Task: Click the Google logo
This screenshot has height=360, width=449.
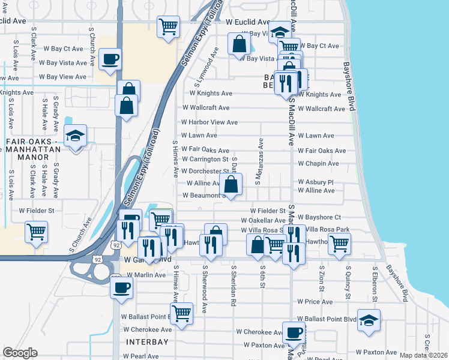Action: click(20, 353)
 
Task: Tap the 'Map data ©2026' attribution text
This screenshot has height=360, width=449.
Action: click(423, 355)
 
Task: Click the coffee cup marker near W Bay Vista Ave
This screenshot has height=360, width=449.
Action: click(110, 60)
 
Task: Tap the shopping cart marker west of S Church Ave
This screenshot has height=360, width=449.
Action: click(37, 232)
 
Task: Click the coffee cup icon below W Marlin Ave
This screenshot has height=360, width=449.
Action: click(122, 287)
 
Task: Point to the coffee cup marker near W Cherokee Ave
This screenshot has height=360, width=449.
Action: click(294, 332)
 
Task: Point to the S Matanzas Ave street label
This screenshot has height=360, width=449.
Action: click(261, 162)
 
